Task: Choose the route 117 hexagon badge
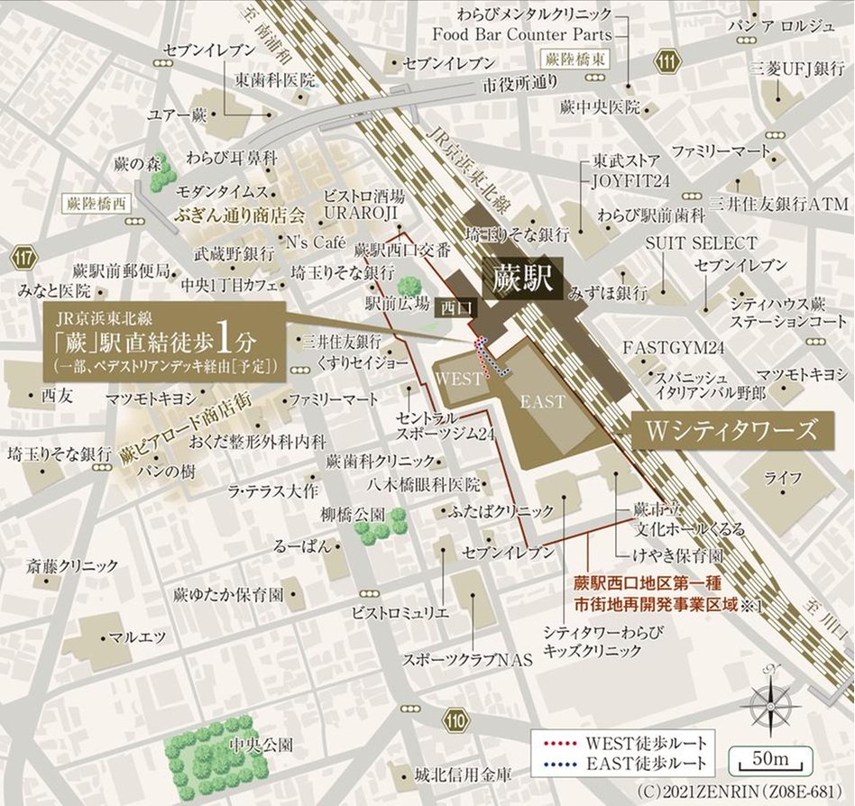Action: pos(24,260)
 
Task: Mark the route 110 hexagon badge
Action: pos(457,719)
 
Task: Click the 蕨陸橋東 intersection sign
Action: pos(577,59)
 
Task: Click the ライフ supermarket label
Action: pos(777,478)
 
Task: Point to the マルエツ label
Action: pos(137,637)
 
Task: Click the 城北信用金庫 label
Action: pos(463,774)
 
